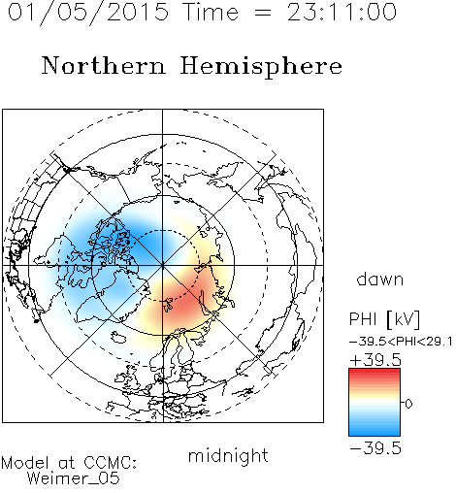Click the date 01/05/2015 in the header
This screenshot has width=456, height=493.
click(x=88, y=13)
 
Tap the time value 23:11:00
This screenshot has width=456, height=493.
click(x=342, y=12)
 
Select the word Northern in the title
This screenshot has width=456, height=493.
click(x=104, y=65)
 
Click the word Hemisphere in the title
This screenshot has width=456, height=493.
click(x=261, y=67)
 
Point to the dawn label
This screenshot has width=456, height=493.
click(x=380, y=279)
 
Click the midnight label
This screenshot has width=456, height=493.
click(x=228, y=456)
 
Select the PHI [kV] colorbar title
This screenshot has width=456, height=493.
click(x=384, y=319)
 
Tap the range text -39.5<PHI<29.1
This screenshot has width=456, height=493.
click(x=401, y=342)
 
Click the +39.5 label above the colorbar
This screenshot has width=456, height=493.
click(x=375, y=360)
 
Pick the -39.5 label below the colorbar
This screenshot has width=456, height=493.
click(x=375, y=448)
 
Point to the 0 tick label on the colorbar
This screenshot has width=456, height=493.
click(x=408, y=404)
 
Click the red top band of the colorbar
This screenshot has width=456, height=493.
click(x=375, y=373)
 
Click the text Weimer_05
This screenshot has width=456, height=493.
click(x=73, y=478)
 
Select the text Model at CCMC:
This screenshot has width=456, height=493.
click(x=69, y=463)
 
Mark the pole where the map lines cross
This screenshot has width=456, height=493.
click(x=163, y=266)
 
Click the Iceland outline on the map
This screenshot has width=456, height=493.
click(x=118, y=337)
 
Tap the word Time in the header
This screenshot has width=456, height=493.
click(x=211, y=13)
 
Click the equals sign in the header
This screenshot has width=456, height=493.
click(x=262, y=13)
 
